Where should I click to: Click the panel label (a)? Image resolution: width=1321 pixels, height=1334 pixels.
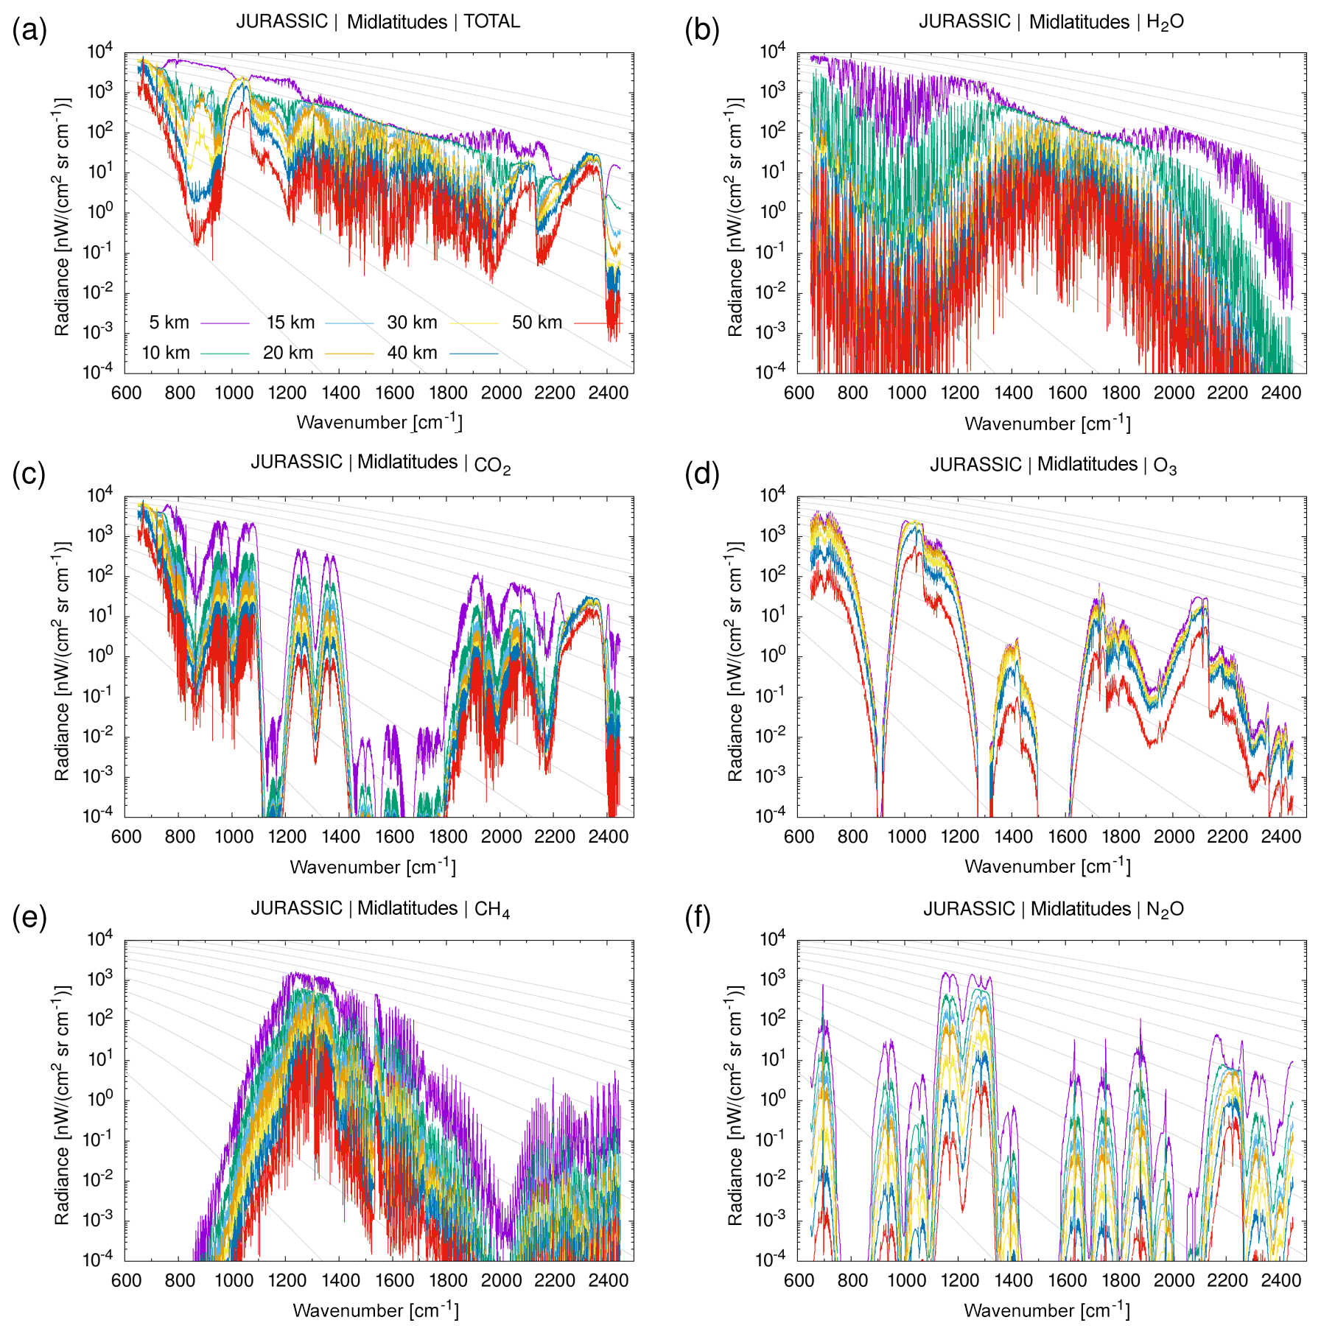[29, 30]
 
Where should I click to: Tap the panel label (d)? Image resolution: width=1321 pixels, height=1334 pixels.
[701, 474]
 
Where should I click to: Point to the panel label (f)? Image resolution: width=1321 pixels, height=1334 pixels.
[698, 918]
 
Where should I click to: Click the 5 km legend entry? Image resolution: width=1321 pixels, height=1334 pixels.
[169, 323]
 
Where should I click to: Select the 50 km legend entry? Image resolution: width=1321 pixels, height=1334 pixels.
[536, 323]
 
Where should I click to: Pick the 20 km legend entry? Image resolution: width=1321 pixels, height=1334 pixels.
[288, 353]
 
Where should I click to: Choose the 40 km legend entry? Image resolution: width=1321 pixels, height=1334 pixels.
[412, 353]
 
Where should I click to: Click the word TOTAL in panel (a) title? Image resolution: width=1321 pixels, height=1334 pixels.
[491, 21]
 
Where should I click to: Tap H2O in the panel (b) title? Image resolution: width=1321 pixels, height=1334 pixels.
[1165, 22]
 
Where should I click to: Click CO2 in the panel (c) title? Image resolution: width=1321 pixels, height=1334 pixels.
[492, 465]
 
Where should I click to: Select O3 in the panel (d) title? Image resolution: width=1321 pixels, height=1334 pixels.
[1165, 466]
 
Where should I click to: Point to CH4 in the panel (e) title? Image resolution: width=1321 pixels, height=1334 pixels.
[492, 910]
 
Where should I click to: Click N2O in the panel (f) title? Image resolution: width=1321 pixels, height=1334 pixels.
[1165, 910]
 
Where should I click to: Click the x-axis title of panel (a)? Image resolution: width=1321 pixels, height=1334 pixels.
[379, 422]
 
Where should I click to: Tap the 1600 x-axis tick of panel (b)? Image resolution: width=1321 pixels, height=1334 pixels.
[1067, 393]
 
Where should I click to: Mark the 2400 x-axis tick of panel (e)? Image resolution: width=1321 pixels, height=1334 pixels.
[608, 1280]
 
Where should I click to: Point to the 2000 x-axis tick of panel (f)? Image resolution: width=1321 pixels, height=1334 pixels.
[1174, 1280]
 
